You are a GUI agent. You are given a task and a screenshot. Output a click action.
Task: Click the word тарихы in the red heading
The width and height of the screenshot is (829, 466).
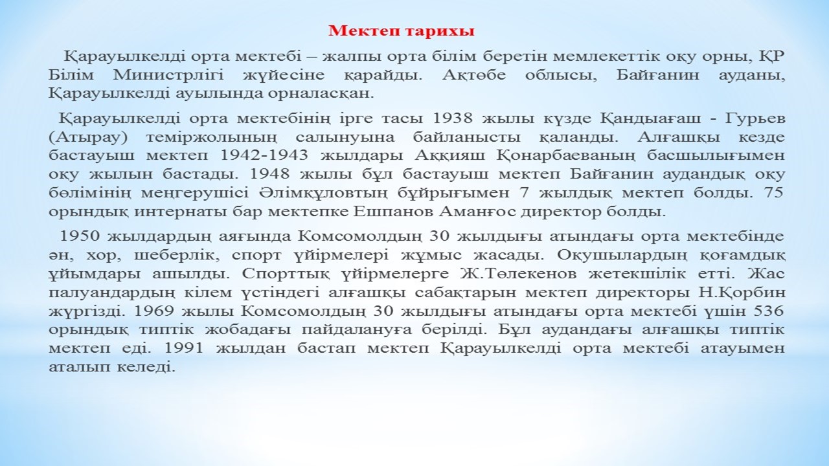(440, 31)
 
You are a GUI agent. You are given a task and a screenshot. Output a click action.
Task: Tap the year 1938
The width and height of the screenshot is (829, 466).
(452, 118)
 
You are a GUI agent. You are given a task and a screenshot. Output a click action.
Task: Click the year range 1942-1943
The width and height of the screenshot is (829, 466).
(264, 155)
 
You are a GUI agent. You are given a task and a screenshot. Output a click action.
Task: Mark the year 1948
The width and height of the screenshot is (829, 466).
(271, 174)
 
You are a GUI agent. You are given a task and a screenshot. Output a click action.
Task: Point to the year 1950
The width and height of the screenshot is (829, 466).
(80, 236)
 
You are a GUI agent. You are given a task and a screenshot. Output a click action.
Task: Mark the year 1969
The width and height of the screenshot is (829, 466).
(153, 311)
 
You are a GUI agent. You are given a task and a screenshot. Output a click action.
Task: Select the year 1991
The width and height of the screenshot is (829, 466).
(183, 348)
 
